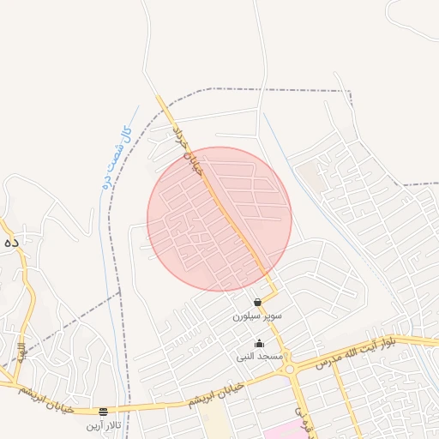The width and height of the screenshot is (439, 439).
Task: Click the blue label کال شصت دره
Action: click(x=115, y=157)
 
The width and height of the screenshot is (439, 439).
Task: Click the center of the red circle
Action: click(x=219, y=219)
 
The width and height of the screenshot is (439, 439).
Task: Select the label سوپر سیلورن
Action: click(x=256, y=316)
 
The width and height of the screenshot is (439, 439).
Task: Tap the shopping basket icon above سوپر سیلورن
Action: click(x=257, y=303)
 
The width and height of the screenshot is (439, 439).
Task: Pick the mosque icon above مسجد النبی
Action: click(x=259, y=344)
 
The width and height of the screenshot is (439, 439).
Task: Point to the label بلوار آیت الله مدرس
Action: click(x=355, y=352)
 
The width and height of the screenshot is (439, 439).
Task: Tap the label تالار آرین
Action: click(x=104, y=424)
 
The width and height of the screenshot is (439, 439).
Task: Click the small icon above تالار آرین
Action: click(x=104, y=412)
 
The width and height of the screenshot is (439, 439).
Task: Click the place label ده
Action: click(x=10, y=244)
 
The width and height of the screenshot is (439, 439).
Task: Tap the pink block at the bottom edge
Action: click(x=283, y=432)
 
